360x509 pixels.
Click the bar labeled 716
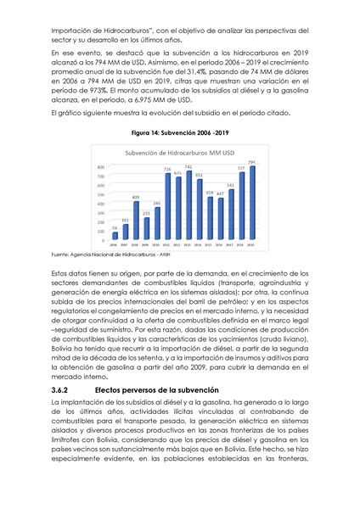(x=167, y=208)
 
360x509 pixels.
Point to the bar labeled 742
(x=188, y=206)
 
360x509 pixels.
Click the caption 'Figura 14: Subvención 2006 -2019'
(x=179, y=133)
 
